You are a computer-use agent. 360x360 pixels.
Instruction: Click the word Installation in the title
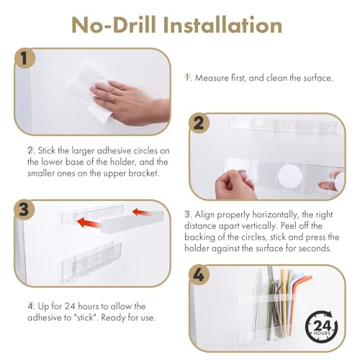222,25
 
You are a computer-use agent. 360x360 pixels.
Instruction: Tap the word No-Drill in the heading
114,25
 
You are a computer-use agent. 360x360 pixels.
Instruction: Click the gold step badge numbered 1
24,58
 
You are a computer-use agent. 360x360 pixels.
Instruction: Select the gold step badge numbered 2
199,123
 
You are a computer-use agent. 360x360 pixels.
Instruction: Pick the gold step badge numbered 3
24,210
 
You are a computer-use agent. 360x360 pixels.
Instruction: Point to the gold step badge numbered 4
199,275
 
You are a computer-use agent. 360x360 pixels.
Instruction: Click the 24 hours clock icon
322,326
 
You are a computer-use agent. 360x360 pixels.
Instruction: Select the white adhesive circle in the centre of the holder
290,176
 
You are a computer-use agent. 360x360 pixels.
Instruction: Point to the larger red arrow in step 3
89,222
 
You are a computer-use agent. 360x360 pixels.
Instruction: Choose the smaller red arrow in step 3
142,212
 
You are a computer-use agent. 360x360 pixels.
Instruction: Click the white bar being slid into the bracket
132,222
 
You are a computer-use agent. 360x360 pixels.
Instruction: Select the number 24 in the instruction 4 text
70,307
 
